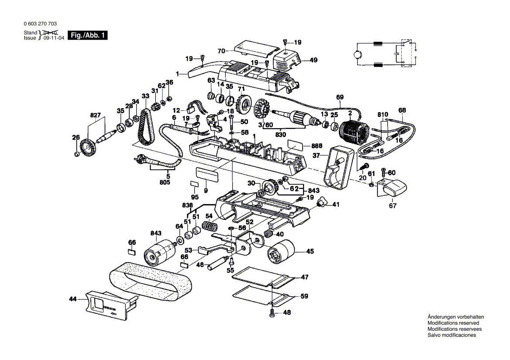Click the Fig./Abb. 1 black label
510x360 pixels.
coord(88,36)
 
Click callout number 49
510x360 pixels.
coord(314,61)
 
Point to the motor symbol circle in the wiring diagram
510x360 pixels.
coord(357,55)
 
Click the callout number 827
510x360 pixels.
coord(95,115)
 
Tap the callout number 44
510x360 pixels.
coord(72,299)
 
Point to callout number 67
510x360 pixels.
coord(393,206)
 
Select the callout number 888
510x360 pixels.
coord(317,146)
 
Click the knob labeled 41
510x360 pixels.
coord(323,203)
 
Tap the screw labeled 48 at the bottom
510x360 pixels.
coord(272,312)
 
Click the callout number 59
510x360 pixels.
coord(304,296)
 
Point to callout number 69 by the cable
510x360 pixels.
coord(340,97)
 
